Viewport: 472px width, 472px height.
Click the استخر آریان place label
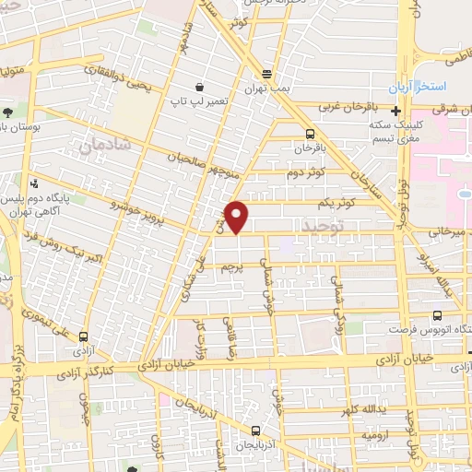[433, 86]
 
